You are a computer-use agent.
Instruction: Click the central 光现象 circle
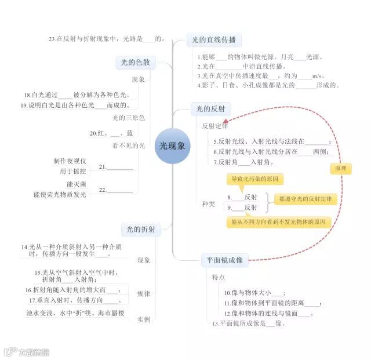point(172,146)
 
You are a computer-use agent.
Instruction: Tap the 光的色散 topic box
point(135,63)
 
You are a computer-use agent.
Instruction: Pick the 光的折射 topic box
point(140,230)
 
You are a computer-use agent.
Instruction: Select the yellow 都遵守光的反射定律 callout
point(305,199)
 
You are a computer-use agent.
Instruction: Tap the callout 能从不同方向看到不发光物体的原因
point(278,222)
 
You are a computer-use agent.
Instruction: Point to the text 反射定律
point(215,126)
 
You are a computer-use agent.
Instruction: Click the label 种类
point(208,204)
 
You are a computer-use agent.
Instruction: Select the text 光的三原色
point(129,118)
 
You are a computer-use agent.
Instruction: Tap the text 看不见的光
point(129,146)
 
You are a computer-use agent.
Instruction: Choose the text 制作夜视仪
point(70,161)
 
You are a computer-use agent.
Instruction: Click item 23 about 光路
point(108,39)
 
